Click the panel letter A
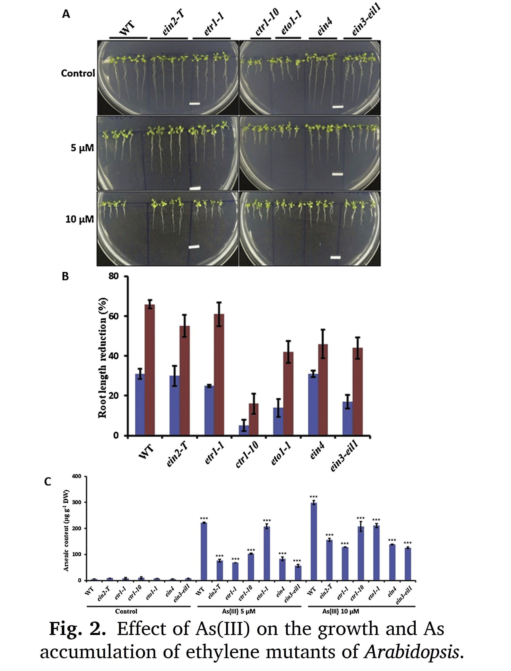coord(66,14)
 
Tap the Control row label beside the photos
coord(78,73)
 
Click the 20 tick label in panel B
coord(115,395)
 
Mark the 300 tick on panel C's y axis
coord(77,502)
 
